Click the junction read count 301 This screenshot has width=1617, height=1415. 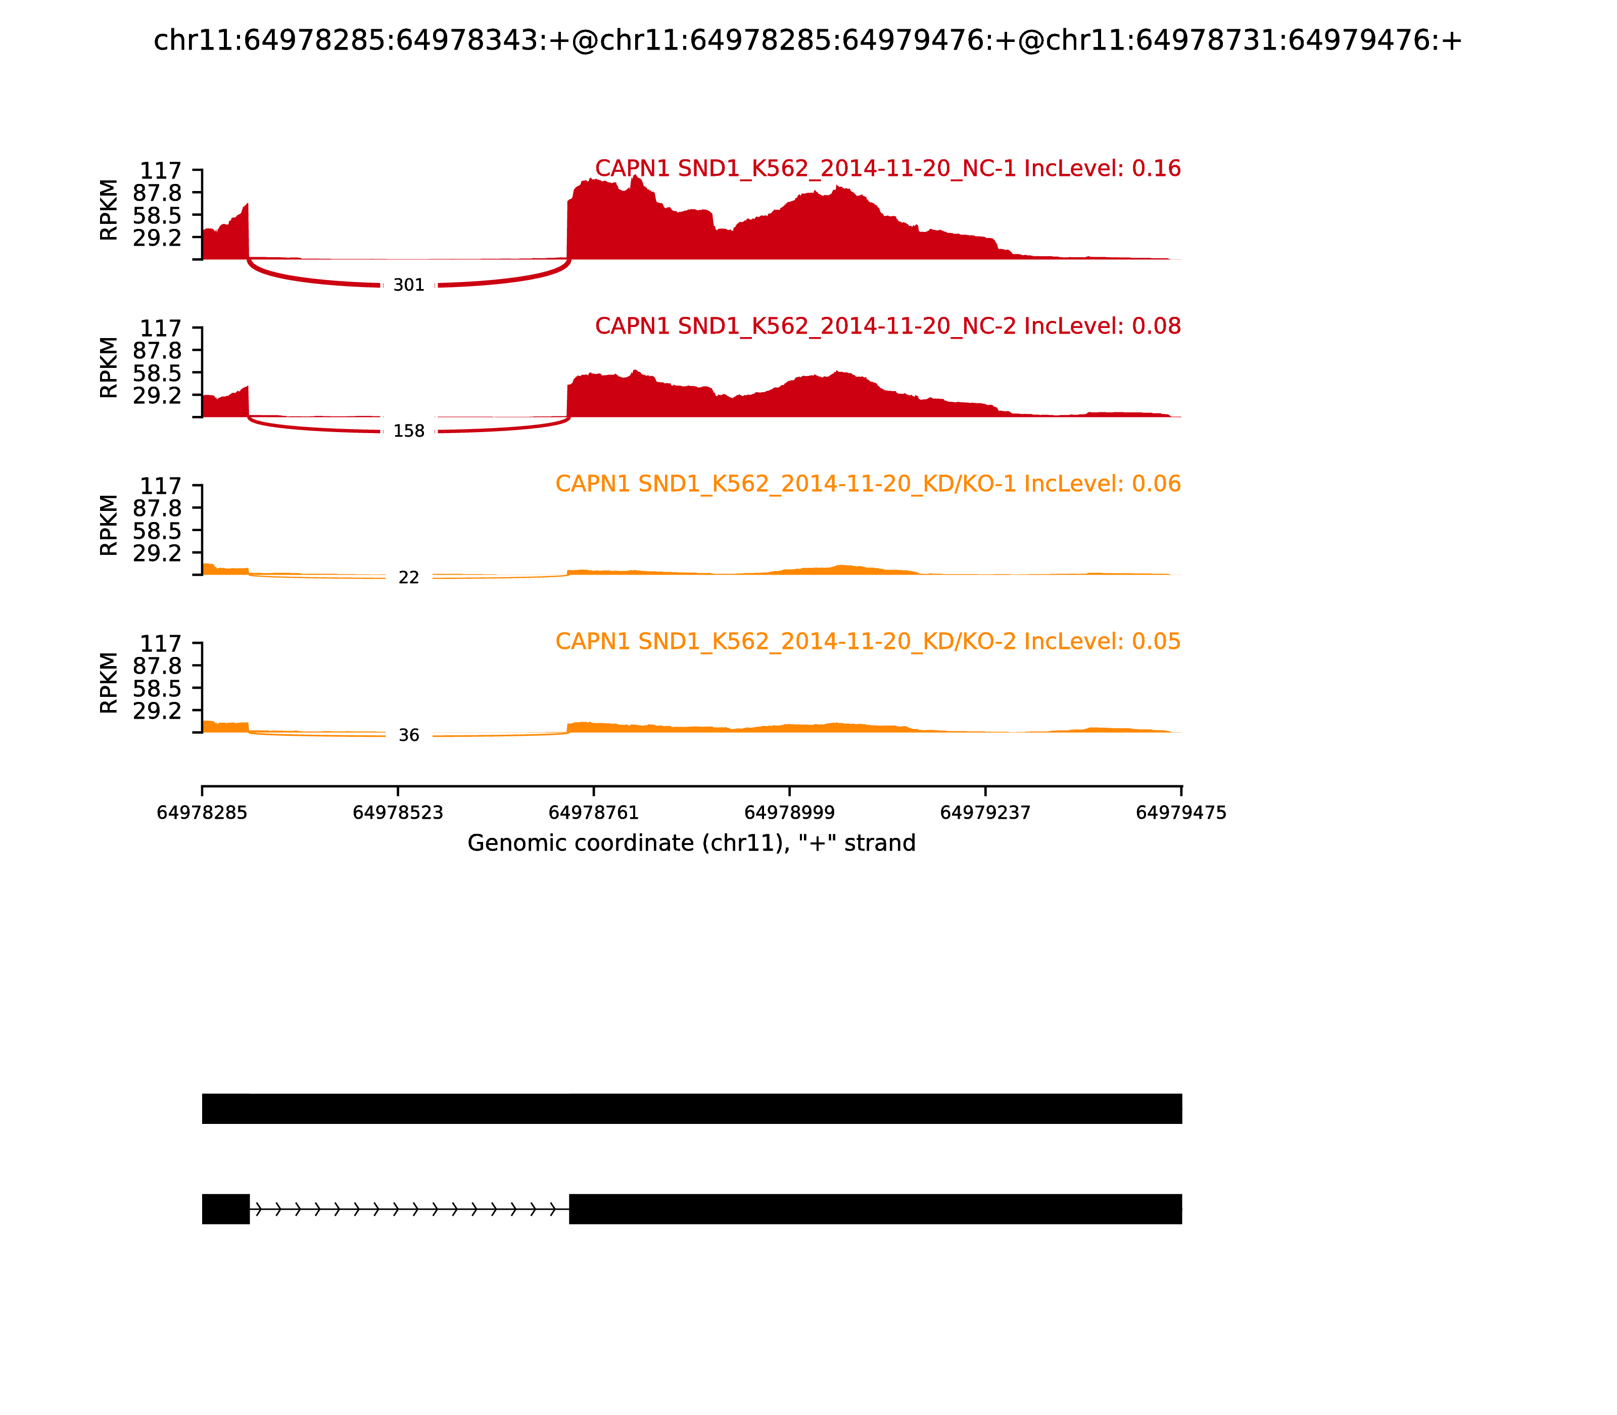point(408,285)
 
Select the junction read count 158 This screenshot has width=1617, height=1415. point(408,431)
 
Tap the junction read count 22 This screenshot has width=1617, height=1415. point(408,578)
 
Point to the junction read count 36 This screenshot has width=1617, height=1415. point(408,736)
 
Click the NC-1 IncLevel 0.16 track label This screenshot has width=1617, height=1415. point(887,168)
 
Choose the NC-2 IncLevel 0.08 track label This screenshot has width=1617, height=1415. point(887,326)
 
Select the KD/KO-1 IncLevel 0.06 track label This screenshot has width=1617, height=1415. point(868,484)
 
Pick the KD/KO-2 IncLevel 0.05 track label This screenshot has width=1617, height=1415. point(868,641)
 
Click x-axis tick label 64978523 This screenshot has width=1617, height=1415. point(398,813)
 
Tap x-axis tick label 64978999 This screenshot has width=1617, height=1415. point(789,813)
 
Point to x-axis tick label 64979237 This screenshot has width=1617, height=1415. point(985,813)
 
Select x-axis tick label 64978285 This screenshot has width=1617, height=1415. point(202,813)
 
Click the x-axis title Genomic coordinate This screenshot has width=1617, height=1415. point(692,843)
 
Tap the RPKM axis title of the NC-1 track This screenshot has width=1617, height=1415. point(109,210)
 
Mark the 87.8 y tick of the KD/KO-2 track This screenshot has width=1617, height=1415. point(157,666)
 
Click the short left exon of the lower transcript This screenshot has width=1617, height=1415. point(226,1209)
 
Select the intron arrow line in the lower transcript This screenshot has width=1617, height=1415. point(409,1209)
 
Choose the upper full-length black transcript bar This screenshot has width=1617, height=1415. point(692,1109)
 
